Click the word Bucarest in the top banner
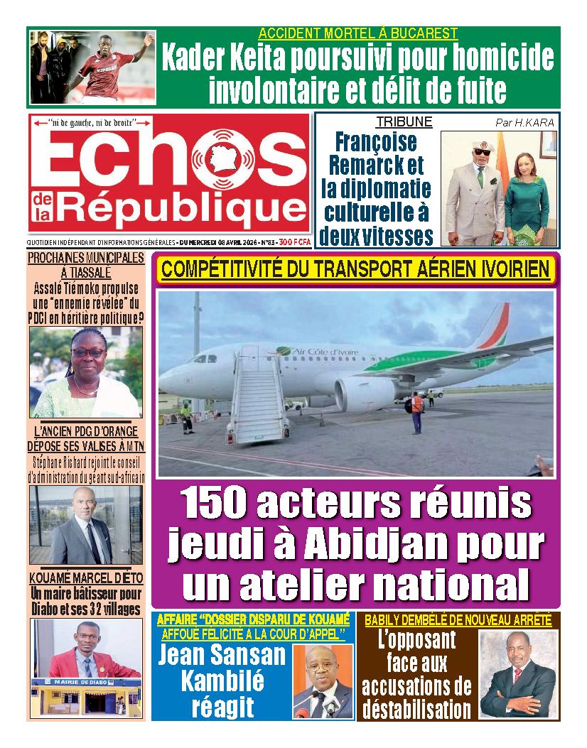[424, 33]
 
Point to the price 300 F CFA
[295, 242]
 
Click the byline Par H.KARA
[524, 122]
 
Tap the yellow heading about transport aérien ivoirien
[355, 270]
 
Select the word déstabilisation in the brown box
[416, 709]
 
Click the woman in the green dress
[526, 192]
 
